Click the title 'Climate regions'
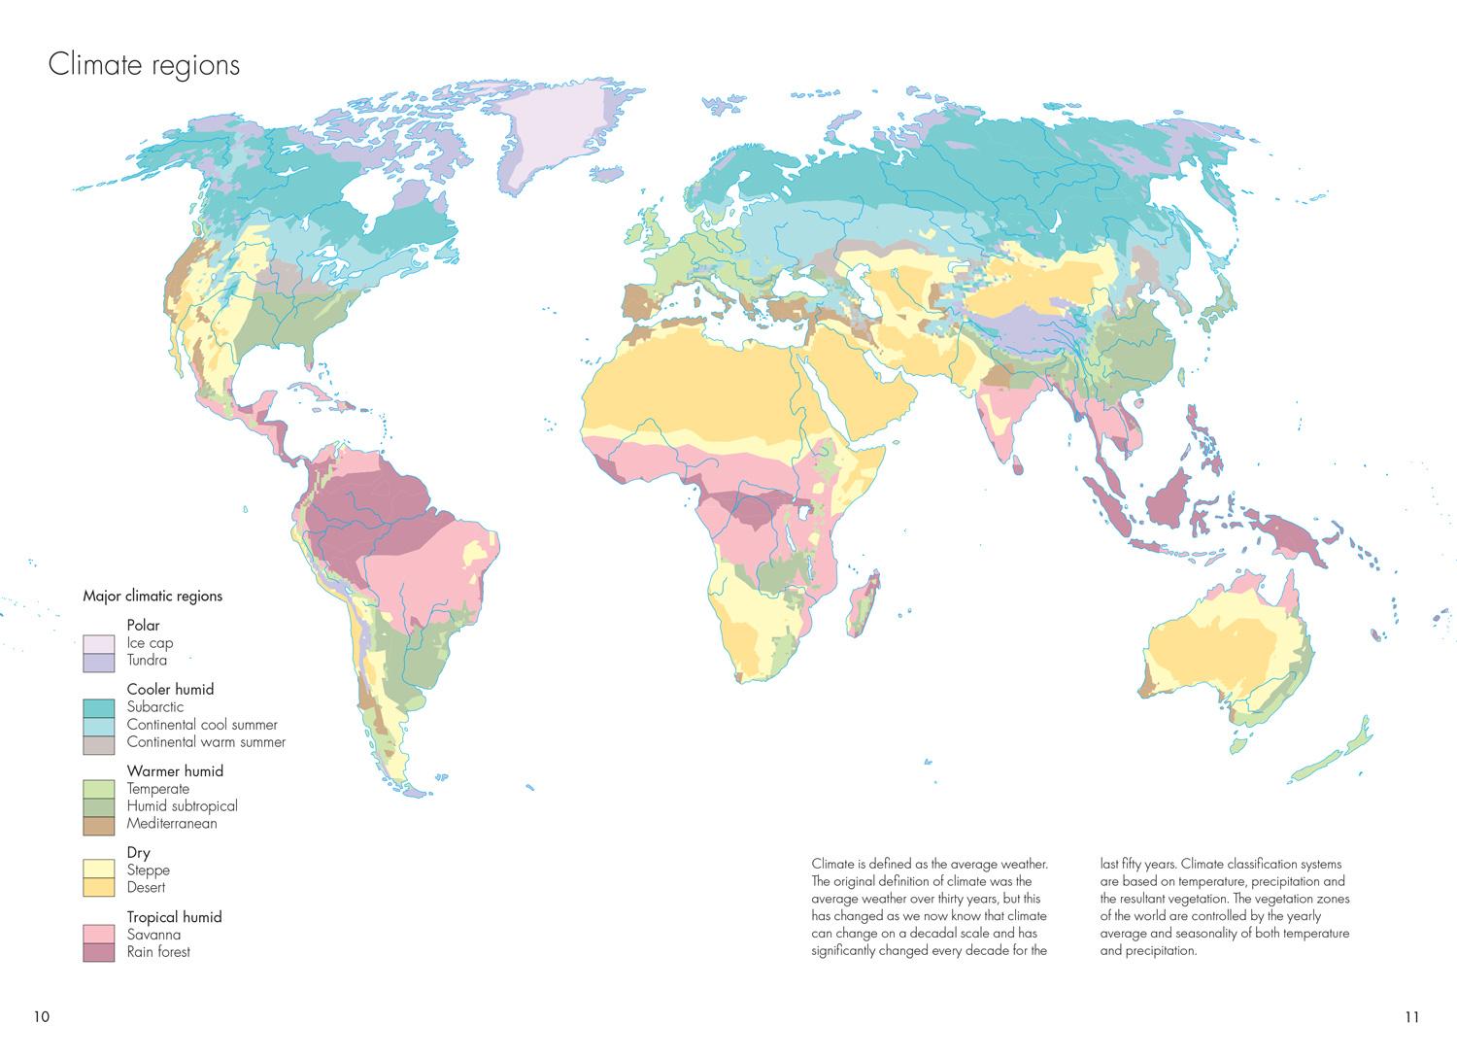point(144,65)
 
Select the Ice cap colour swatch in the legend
point(100,643)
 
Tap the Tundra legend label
point(147,661)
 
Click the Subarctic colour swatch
point(100,707)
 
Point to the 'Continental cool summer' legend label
point(202,725)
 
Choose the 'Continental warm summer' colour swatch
point(100,743)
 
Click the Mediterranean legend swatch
point(100,824)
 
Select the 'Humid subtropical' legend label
point(182,806)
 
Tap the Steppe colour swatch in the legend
point(100,870)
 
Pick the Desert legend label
point(146,888)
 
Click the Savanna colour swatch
point(100,935)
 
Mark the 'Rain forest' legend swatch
point(100,952)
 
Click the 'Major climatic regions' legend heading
point(152,597)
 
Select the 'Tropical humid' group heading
point(174,917)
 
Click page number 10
point(41,1017)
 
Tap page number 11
point(1411,1017)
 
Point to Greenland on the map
point(554,136)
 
